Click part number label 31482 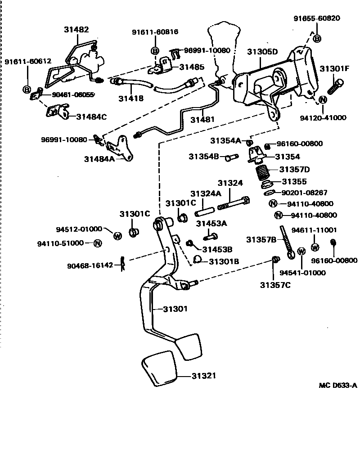click(x=76, y=30)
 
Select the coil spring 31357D click(x=263, y=172)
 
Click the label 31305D click(x=262, y=52)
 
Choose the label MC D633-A click(x=338, y=385)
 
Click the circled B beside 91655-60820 click(x=317, y=39)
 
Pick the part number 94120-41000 click(x=323, y=118)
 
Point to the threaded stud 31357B click(x=287, y=242)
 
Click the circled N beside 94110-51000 click(x=98, y=243)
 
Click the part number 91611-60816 click(x=155, y=32)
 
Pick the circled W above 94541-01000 click(x=301, y=251)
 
